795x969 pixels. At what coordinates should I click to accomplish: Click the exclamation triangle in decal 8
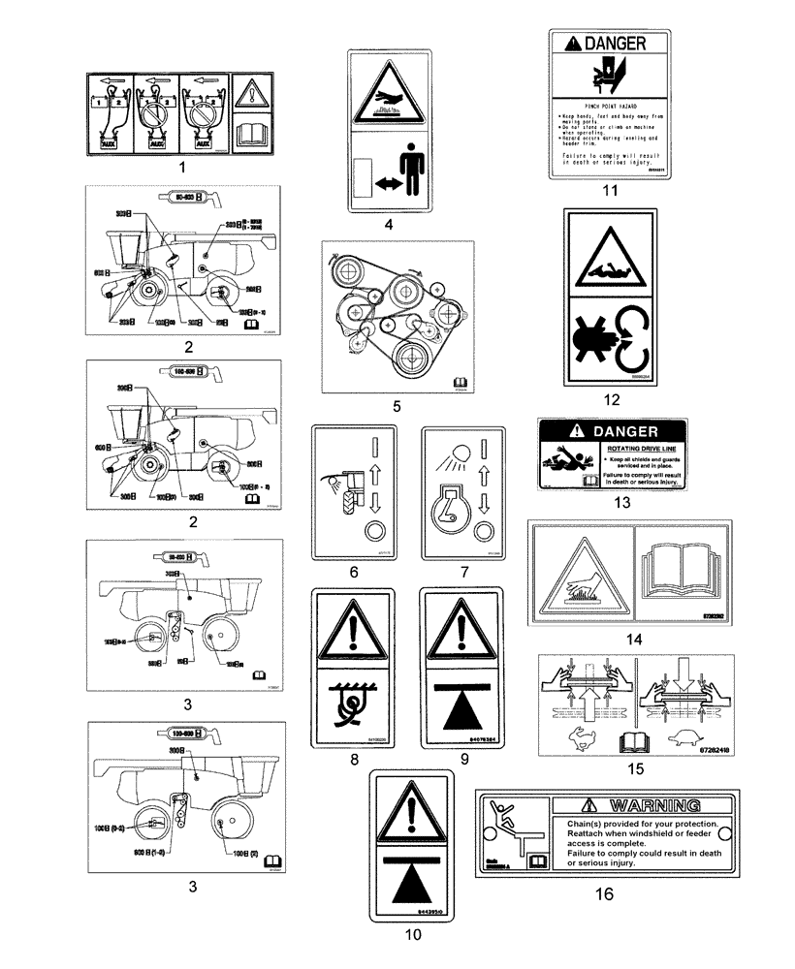click(354, 632)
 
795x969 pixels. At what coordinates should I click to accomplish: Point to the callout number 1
click(181, 167)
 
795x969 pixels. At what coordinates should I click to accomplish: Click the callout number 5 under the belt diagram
click(397, 407)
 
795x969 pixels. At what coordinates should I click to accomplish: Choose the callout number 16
click(604, 894)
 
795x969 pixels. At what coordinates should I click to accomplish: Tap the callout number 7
click(464, 573)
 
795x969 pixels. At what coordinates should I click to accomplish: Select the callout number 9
click(464, 761)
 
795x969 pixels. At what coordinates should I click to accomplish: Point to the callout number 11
click(609, 190)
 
